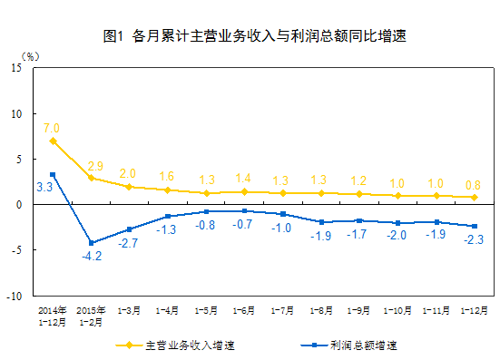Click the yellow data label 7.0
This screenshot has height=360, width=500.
[51, 128]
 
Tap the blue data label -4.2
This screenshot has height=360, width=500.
[91, 257]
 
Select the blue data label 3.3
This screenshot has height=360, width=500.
[44, 187]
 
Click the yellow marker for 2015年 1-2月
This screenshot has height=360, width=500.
[91, 178]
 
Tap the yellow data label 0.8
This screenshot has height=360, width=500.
[473, 184]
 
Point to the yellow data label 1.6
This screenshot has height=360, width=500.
[167, 177]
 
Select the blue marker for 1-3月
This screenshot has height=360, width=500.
[129, 229]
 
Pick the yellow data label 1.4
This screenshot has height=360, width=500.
[244, 179]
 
